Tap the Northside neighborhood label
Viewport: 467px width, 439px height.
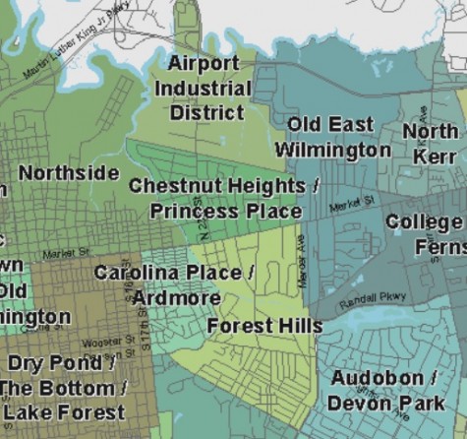pos(69,173)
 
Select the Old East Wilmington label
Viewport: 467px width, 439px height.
pos(331,137)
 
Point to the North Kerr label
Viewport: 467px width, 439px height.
pos(431,143)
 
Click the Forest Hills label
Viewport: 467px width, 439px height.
pos(264,326)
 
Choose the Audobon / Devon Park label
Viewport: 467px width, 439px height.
pos(384,391)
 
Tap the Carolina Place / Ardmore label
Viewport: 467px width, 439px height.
pos(173,284)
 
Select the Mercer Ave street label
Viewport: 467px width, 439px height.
pos(303,266)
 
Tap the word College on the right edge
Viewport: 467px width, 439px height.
pos(424,222)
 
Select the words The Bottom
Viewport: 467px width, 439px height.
pos(63,388)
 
